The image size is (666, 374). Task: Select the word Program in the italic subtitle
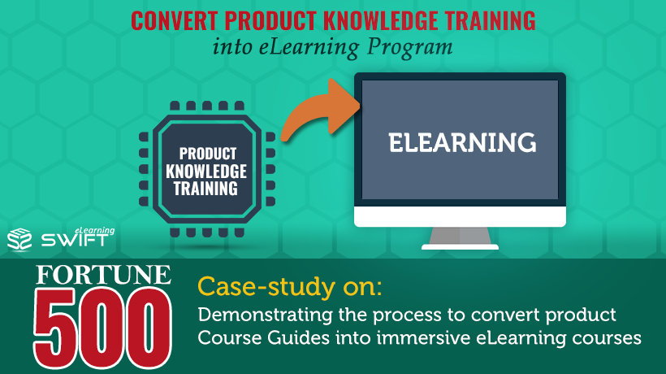point(410,48)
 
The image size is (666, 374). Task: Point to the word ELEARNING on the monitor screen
point(462,142)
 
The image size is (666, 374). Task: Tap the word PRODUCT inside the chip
point(208,154)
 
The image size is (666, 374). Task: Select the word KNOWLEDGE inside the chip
point(206,172)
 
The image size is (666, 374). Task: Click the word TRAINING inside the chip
point(205,189)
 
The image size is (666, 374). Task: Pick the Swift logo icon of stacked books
point(19,238)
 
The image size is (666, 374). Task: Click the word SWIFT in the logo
point(75,241)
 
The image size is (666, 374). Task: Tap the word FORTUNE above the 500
point(103,275)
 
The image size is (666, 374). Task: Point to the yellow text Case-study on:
point(290,287)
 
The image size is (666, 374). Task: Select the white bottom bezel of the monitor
point(460,217)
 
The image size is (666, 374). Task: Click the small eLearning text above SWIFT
point(94,230)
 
